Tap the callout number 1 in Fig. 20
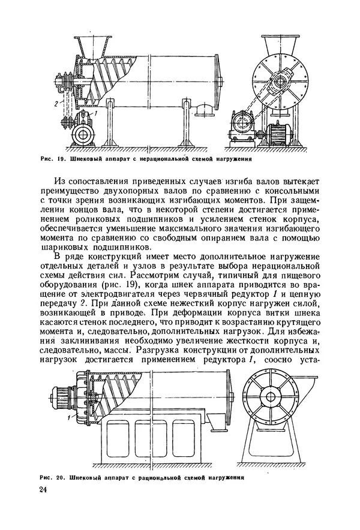tap(71, 416)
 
